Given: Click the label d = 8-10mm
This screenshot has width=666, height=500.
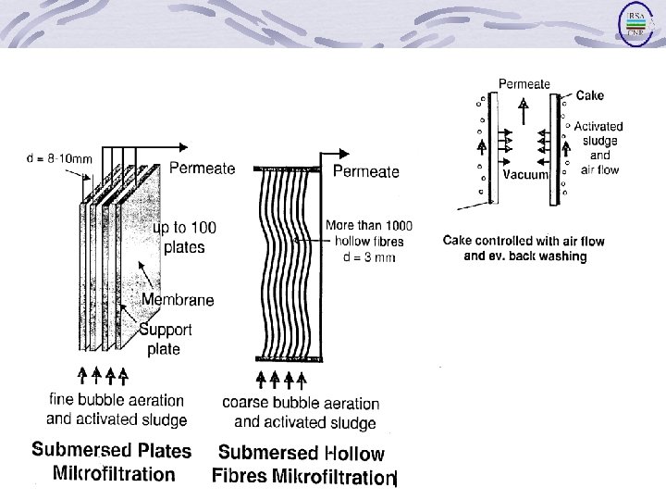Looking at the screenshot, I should tap(59, 157).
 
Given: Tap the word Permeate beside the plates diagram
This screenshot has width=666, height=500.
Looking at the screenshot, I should tap(203, 169).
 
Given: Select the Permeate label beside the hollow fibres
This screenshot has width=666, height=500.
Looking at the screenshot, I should tap(365, 171).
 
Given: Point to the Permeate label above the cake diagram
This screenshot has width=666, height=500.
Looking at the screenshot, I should tap(524, 83).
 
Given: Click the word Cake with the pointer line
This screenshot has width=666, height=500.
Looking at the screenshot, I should tap(591, 94).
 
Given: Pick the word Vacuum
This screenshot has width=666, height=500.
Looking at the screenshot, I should tap(525, 174).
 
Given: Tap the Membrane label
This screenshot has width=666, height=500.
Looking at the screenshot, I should tap(178, 299).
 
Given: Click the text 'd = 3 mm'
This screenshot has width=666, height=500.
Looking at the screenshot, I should tap(367, 256).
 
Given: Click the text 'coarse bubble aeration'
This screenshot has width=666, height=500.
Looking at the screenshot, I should tap(301, 403).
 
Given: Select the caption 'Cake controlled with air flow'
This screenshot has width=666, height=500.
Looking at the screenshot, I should tap(524, 241).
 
